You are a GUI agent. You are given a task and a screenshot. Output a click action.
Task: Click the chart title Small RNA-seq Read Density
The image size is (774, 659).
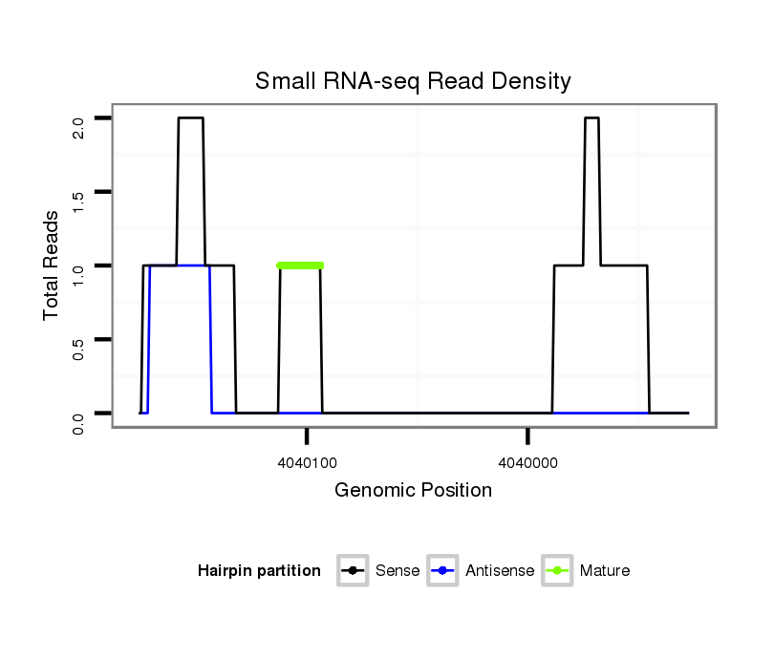pyautogui.click(x=413, y=81)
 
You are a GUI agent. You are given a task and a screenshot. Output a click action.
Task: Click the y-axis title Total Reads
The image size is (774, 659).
pyautogui.click(x=52, y=266)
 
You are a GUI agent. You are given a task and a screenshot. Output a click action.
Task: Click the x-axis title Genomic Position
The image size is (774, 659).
pyautogui.click(x=413, y=491)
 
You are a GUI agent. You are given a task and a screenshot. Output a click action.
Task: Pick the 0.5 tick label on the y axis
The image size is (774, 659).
pyautogui.click(x=79, y=349)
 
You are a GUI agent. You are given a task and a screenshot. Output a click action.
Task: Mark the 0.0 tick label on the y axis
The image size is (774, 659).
pyautogui.click(x=79, y=422)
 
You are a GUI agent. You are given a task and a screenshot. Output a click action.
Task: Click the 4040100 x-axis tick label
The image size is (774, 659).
pyautogui.click(x=307, y=461)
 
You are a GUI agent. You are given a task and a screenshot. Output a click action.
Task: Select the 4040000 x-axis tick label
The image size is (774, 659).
pyautogui.click(x=528, y=461)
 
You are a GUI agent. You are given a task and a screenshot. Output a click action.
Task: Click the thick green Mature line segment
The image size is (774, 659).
pyautogui.click(x=300, y=266)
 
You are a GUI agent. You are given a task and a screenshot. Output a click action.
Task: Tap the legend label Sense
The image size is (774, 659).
pyautogui.click(x=398, y=571)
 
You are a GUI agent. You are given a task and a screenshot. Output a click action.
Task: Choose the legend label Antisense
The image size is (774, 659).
pyautogui.click(x=500, y=571)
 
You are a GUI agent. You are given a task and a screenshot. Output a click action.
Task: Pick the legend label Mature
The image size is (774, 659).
pyautogui.click(x=605, y=571)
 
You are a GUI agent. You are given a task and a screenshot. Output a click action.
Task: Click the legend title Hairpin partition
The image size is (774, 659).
pyautogui.click(x=259, y=571)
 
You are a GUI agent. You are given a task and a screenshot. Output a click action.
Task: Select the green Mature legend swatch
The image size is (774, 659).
pyautogui.click(x=557, y=571)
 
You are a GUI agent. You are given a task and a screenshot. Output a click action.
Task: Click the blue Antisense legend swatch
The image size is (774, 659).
pyautogui.click(x=444, y=571)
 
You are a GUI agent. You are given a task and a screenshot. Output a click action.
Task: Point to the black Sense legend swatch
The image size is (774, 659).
pyautogui.click(x=353, y=571)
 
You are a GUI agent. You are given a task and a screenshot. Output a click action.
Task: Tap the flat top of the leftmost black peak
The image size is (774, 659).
pyautogui.click(x=190, y=118)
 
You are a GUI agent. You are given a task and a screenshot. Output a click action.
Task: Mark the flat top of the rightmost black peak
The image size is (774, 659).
pyautogui.click(x=591, y=118)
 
